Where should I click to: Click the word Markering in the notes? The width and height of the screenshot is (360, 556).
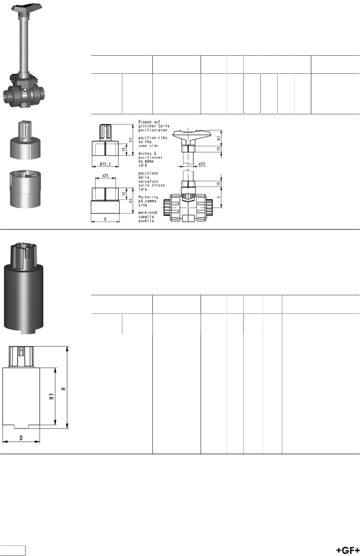click(147, 197)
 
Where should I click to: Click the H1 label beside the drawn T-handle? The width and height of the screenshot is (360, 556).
click(219, 136)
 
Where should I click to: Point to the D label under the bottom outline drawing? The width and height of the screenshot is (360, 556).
click(21, 438)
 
